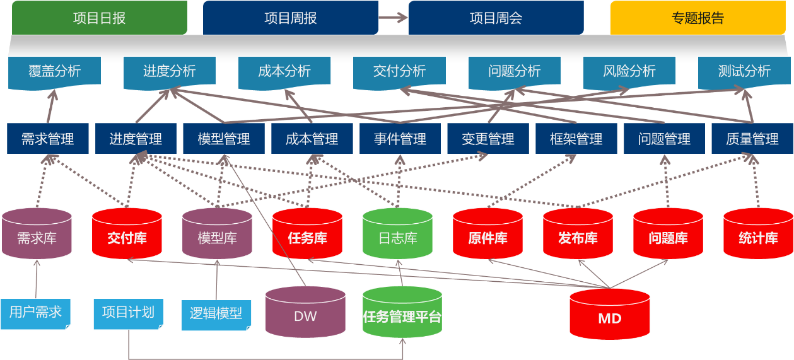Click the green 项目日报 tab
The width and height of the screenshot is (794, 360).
pos(100,18)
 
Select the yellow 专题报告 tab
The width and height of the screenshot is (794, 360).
pos(698,18)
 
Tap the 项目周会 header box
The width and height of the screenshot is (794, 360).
pos(496,18)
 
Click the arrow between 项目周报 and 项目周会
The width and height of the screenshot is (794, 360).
pos(394,18)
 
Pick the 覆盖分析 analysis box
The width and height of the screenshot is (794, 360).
pos(55,71)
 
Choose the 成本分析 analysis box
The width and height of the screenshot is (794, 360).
pos(284,71)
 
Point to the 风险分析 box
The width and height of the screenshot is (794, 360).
pos(629,71)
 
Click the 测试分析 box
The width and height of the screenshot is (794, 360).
pos(744,71)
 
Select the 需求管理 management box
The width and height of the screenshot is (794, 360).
pos(47,139)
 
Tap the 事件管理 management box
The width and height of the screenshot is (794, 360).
pos(400,139)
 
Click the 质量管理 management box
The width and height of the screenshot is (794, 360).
pos(752,139)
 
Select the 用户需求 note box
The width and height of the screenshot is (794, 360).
pos(36,312)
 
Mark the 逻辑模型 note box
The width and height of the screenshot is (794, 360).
pos(216,313)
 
